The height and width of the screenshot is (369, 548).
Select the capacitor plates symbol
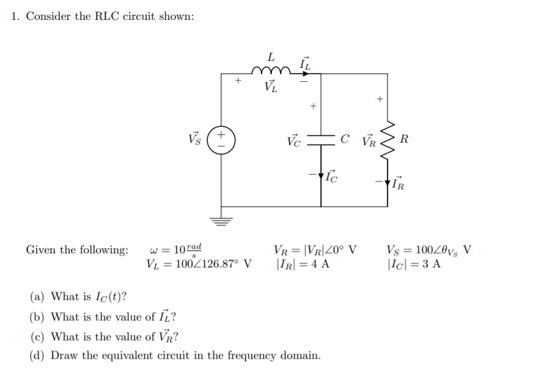[321, 139]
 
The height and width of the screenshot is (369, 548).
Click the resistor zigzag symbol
[387, 139]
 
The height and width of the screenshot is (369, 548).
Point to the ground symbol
[221, 222]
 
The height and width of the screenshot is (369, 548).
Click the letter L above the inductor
[271, 56]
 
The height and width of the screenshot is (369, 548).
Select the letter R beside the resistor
[405, 139]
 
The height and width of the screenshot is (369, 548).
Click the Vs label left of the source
[194, 139]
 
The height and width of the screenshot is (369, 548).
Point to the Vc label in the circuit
[293, 139]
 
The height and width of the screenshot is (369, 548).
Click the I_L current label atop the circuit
[304, 63]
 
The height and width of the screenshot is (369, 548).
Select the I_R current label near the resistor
[398, 185]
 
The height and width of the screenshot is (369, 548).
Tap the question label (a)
[37, 297]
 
